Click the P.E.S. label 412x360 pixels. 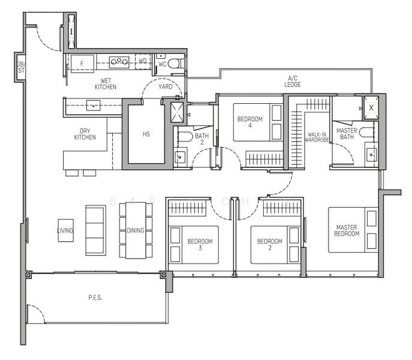pyautogui.click(x=95, y=298)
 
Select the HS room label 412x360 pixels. pyautogui.click(x=146, y=134)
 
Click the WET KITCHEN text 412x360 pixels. pyautogui.click(x=105, y=83)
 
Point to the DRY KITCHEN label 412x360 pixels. pyautogui.click(x=85, y=134)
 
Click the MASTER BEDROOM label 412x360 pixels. pyautogui.click(x=347, y=229)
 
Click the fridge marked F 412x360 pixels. pyautogui.click(x=82, y=63)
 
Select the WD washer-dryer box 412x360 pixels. pyautogui.click(x=143, y=61)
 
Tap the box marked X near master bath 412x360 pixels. pyautogui.click(x=371, y=108)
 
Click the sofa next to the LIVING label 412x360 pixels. pyautogui.click(x=95, y=230)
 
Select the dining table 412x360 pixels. pyautogui.click(x=136, y=230)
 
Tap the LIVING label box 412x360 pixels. pyautogui.click(x=65, y=230)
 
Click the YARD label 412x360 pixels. pyautogui.click(x=165, y=87)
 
